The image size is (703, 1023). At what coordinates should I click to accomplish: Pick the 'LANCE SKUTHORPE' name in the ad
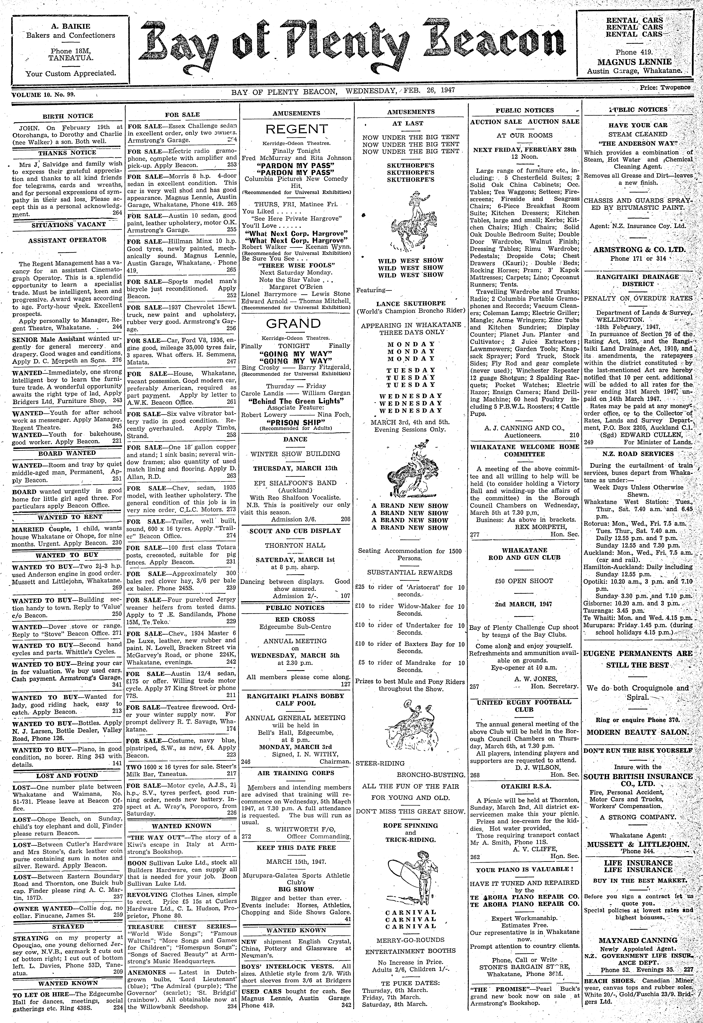coord(411,304)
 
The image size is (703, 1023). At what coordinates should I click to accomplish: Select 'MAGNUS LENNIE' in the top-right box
coord(634,62)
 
